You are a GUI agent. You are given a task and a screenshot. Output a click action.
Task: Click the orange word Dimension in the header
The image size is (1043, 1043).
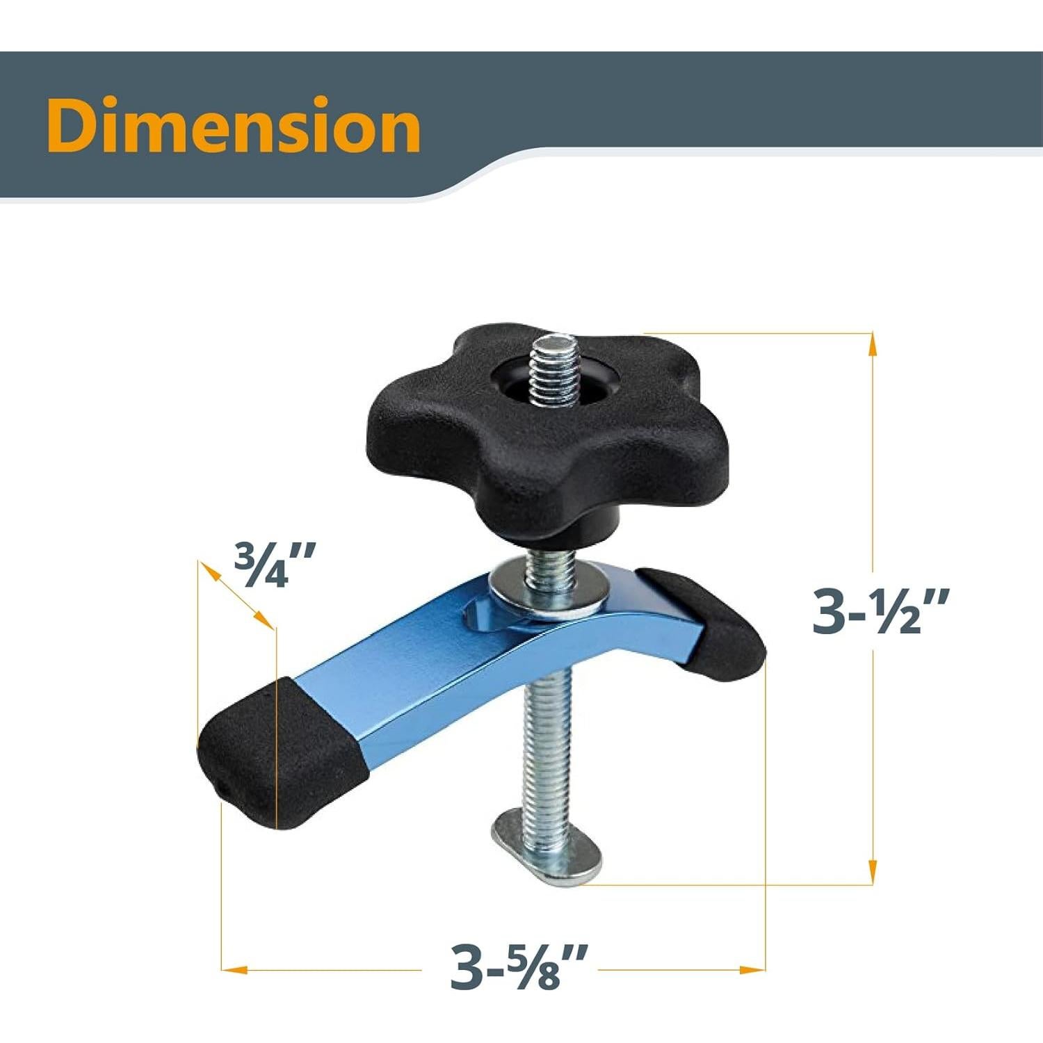[x=234, y=125]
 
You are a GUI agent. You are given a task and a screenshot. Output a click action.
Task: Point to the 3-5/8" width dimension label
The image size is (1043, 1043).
[x=519, y=967]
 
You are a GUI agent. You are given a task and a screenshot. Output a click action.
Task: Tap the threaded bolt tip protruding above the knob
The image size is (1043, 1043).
[x=554, y=369]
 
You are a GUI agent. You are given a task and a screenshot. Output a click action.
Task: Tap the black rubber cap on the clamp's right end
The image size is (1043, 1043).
[x=702, y=619]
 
